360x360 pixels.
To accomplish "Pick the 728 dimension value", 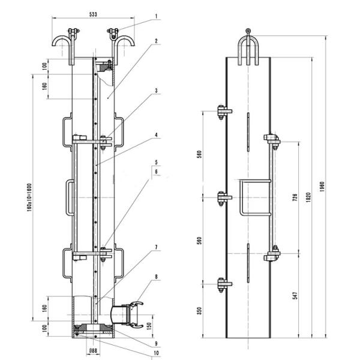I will point(295,198).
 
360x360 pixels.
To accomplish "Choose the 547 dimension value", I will point(294,296).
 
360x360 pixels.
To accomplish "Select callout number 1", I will point(155,17).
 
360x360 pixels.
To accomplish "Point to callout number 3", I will point(155,91).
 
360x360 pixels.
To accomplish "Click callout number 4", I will point(155,136).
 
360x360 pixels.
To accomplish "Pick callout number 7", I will point(155,247).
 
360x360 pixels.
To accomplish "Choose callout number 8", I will point(155,277).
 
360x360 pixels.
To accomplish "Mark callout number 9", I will point(155,344).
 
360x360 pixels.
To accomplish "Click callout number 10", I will point(155,353).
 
